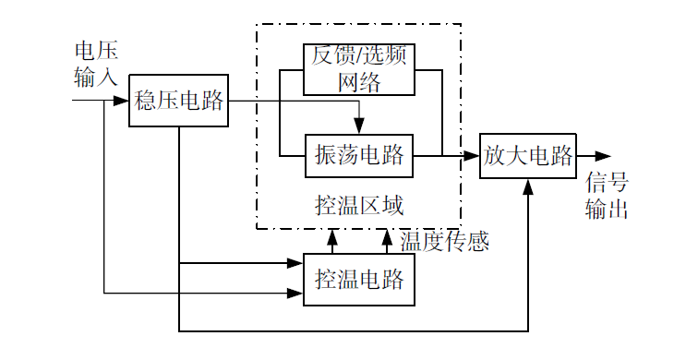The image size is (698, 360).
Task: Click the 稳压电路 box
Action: click(x=179, y=101)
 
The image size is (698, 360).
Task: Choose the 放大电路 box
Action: click(x=528, y=155)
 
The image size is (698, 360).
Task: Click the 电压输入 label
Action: click(x=96, y=63)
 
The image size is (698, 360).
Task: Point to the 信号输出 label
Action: click(x=607, y=195)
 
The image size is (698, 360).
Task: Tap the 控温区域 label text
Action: click(x=359, y=204)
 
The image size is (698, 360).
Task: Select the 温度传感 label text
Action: click(x=444, y=240)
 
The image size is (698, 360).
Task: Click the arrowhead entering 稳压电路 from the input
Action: click(x=121, y=101)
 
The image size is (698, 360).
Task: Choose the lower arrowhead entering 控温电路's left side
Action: click(x=296, y=294)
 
